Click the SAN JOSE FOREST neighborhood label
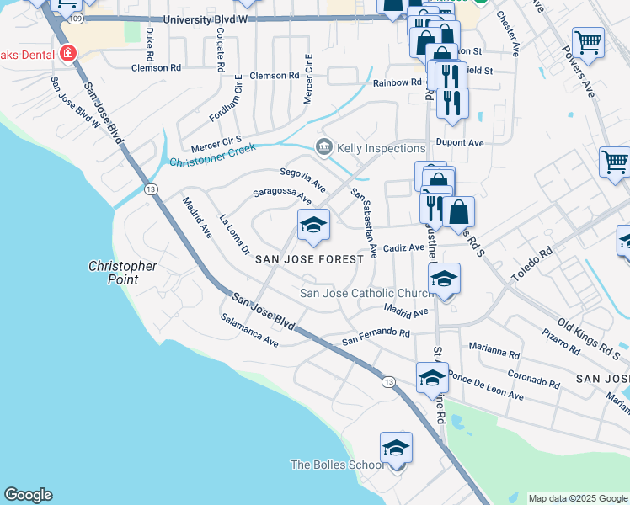coord(310,259)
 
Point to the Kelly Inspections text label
coord(381,148)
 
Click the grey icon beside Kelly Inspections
coord(323,148)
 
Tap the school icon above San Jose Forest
coord(313,224)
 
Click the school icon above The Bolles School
coord(396,448)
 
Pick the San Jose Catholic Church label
coord(367,293)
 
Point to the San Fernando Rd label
coord(376,338)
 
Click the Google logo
coord(28,495)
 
